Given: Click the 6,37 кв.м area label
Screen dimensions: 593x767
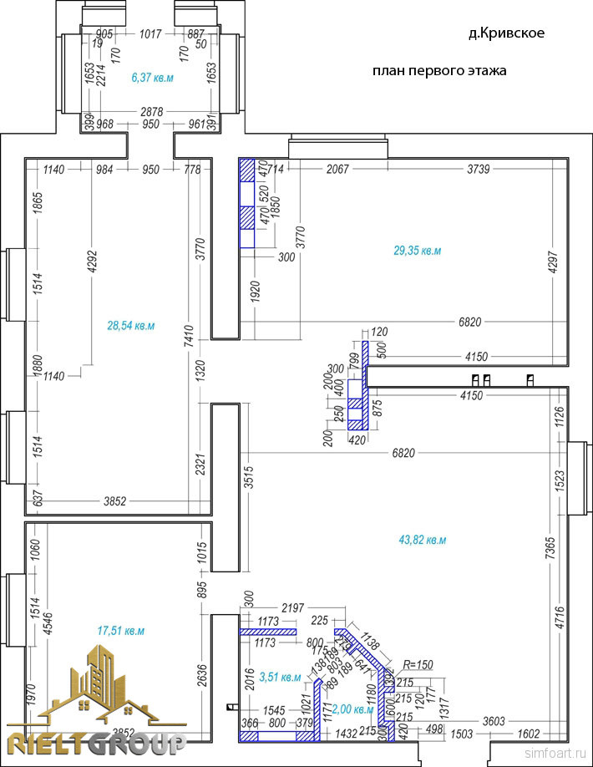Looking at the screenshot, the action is click(152, 78).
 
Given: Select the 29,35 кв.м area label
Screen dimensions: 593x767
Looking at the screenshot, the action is click(418, 250).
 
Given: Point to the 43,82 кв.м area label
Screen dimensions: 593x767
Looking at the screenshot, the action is click(423, 540).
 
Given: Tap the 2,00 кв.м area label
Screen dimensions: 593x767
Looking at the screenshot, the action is click(353, 709).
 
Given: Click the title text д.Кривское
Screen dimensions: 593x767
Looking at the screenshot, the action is click(506, 33).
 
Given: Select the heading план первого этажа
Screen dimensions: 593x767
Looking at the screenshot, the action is click(439, 71).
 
